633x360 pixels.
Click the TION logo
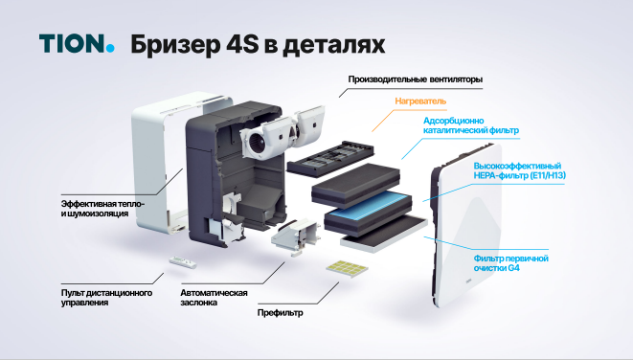click(77, 43)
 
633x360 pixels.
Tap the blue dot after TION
click(110, 49)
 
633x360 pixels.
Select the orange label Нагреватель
click(420, 101)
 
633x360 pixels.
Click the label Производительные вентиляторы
click(416, 79)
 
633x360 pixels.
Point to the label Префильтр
click(281, 313)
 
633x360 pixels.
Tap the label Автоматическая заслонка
click(214, 298)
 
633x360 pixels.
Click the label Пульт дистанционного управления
click(106, 298)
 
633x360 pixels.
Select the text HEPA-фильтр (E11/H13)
click(520, 175)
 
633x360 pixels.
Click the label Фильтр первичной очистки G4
click(511, 262)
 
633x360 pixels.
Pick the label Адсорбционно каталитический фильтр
click(471, 125)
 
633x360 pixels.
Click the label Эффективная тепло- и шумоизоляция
click(102, 209)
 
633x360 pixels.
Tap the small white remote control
click(183, 262)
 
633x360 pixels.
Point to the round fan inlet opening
click(257, 143)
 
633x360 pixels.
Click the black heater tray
click(330, 157)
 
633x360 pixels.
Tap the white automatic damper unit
click(295, 236)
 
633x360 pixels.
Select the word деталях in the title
click(333, 45)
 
